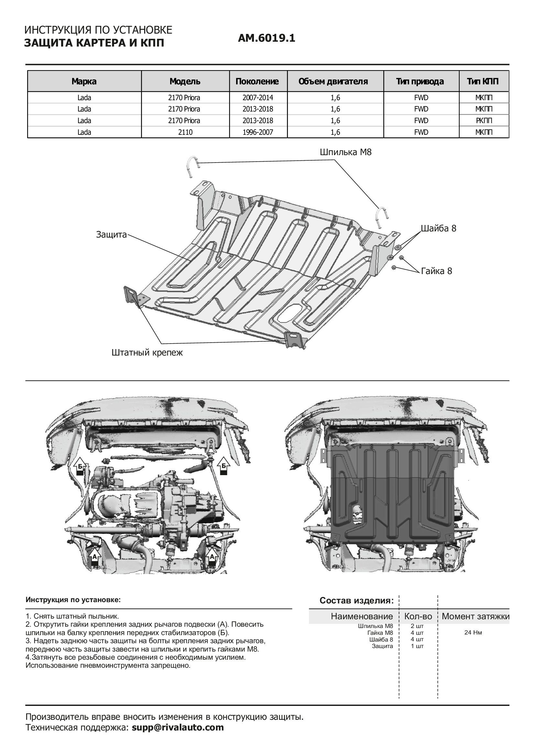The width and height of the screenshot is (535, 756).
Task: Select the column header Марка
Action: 84,81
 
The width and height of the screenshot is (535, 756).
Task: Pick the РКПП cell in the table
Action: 484,121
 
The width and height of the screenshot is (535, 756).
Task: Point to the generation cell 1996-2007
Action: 258,133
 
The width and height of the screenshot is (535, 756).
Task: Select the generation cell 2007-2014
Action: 258,98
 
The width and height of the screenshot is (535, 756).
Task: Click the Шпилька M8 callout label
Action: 345,153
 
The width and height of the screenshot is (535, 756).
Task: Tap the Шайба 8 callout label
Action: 439,229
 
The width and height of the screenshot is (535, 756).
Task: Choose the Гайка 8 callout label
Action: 436,271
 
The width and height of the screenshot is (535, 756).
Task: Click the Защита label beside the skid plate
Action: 111,235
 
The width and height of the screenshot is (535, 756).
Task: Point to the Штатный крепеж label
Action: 147,353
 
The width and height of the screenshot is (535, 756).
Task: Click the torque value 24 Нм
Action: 473,633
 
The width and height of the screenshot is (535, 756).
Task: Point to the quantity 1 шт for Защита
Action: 417,646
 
